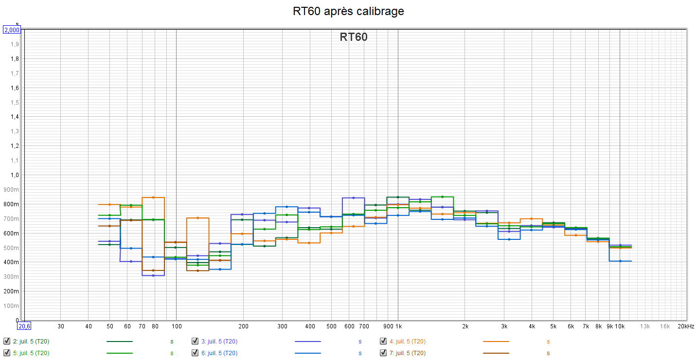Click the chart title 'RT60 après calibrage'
point(348,11)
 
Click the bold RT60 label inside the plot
point(354,37)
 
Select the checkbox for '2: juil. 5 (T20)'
point(7,341)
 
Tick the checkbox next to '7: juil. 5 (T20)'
point(383,353)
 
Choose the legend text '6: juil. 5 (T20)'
point(219,353)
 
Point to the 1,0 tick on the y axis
point(15,175)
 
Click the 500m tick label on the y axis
point(13,248)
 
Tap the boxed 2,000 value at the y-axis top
point(12,30)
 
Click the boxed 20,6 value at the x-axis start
point(24,326)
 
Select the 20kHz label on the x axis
point(686,326)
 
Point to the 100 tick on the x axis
point(176,326)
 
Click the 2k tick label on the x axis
point(465,326)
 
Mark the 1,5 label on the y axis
point(15,102)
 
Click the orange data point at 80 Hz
point(153,198)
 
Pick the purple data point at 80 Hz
point(153,275)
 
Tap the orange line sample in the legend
point(496,342)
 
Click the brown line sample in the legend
point(496,353)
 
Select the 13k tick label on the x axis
point(644,326)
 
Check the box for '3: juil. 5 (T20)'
point(195,341)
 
